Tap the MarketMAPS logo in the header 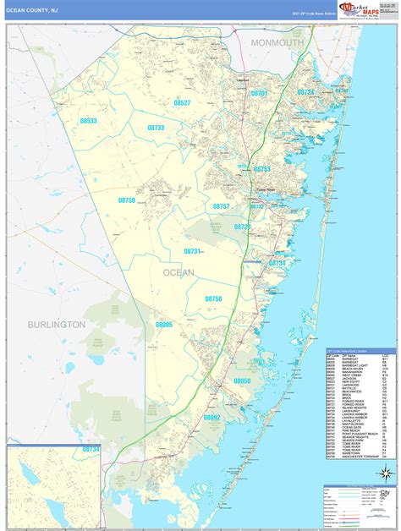[357, 8]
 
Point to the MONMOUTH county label [277, 42]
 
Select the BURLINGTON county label [56, 324]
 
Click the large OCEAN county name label [178, 272]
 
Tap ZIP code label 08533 [89, 121]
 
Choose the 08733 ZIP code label [154, 127]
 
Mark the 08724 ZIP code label [305, 92]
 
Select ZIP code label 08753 [262, 169]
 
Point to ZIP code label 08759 [126, 200]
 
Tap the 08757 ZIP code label [221, 206]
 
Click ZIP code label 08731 [193, 252]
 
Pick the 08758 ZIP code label [213, 298]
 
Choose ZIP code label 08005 [163, 324]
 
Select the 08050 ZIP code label [242, 381]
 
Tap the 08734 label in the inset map [91, 450]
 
